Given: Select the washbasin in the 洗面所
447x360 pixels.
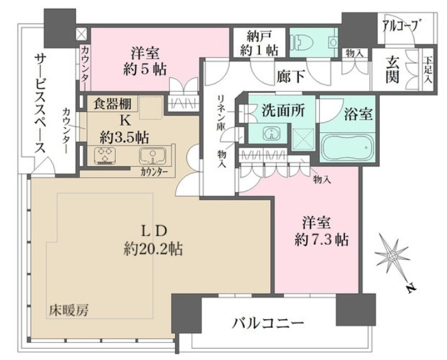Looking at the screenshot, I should [271, 133].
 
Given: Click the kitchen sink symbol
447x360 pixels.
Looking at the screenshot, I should [150, 157].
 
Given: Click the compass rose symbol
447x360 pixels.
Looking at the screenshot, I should [392, 256].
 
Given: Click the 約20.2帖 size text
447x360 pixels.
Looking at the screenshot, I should [153, 249].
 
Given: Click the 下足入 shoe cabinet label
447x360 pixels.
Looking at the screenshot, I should [428, 70].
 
